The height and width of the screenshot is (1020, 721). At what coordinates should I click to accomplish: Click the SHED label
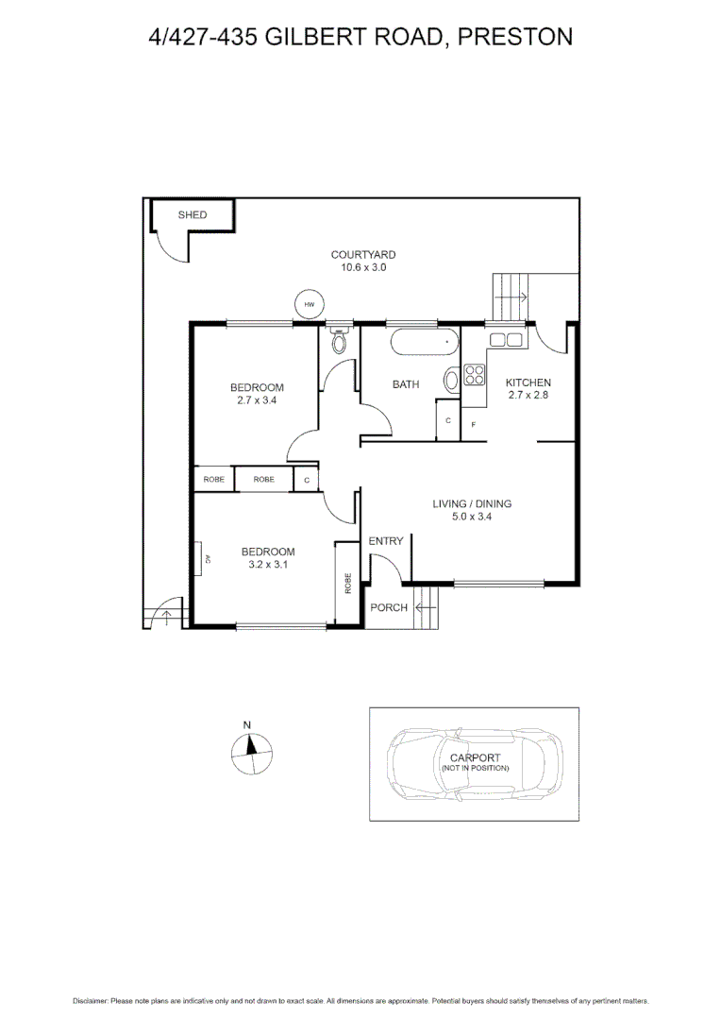[193, 215]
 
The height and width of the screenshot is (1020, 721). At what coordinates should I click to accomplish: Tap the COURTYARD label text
[363, 255]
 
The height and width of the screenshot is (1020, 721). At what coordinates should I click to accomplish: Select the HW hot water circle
[309, 304]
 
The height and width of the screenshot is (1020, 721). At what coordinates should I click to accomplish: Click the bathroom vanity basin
[451, 380]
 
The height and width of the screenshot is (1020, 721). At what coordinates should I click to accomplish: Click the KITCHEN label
[528, 382]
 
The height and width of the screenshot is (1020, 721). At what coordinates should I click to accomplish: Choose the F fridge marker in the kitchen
[473, 425]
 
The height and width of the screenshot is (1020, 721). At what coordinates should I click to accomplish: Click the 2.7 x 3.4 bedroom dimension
[257, 400]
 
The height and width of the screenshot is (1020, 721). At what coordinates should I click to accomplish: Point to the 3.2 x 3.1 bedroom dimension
[268, 565]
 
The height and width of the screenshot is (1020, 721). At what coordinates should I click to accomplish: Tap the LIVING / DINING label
[472, 503]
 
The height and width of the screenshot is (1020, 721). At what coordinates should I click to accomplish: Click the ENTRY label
[385, 541]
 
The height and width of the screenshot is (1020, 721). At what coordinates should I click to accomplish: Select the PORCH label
[388, 607]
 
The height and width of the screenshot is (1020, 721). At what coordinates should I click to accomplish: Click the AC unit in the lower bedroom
[203, 558]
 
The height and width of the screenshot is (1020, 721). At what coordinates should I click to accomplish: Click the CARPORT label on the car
[475, 757]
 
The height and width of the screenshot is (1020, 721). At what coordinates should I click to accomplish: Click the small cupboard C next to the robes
[307, 480]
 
